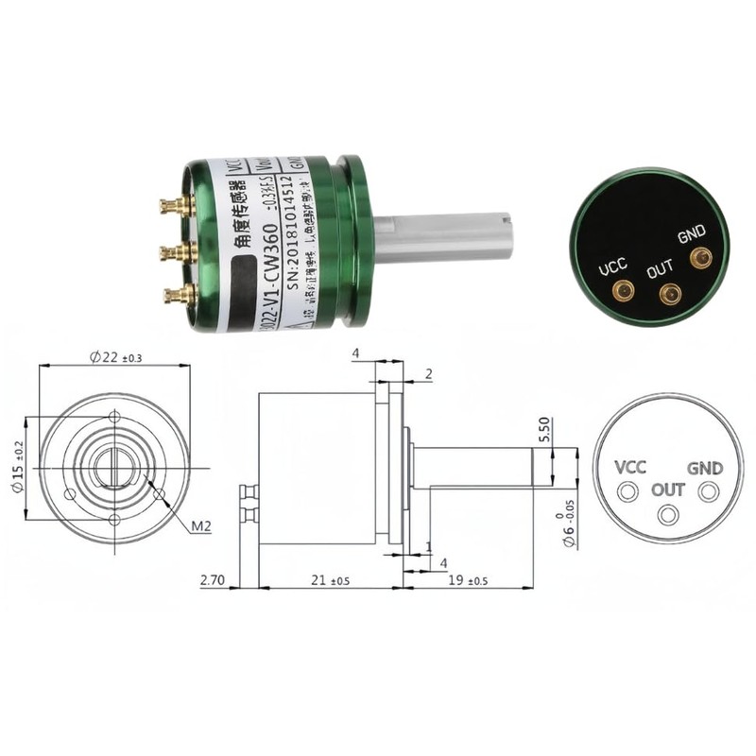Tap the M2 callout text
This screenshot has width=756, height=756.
coord(199,526)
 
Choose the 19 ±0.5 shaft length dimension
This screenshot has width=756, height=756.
coord(468,580)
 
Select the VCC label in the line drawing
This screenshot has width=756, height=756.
coord(630,468)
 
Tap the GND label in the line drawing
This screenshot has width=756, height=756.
coord(705,468)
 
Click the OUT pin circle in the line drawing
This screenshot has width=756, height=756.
coord(669,514)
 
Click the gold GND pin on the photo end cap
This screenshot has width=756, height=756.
coord(700,257)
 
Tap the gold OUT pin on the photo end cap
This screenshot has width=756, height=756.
coord(670,296)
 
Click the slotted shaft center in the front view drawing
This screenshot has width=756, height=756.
coord(114,468)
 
